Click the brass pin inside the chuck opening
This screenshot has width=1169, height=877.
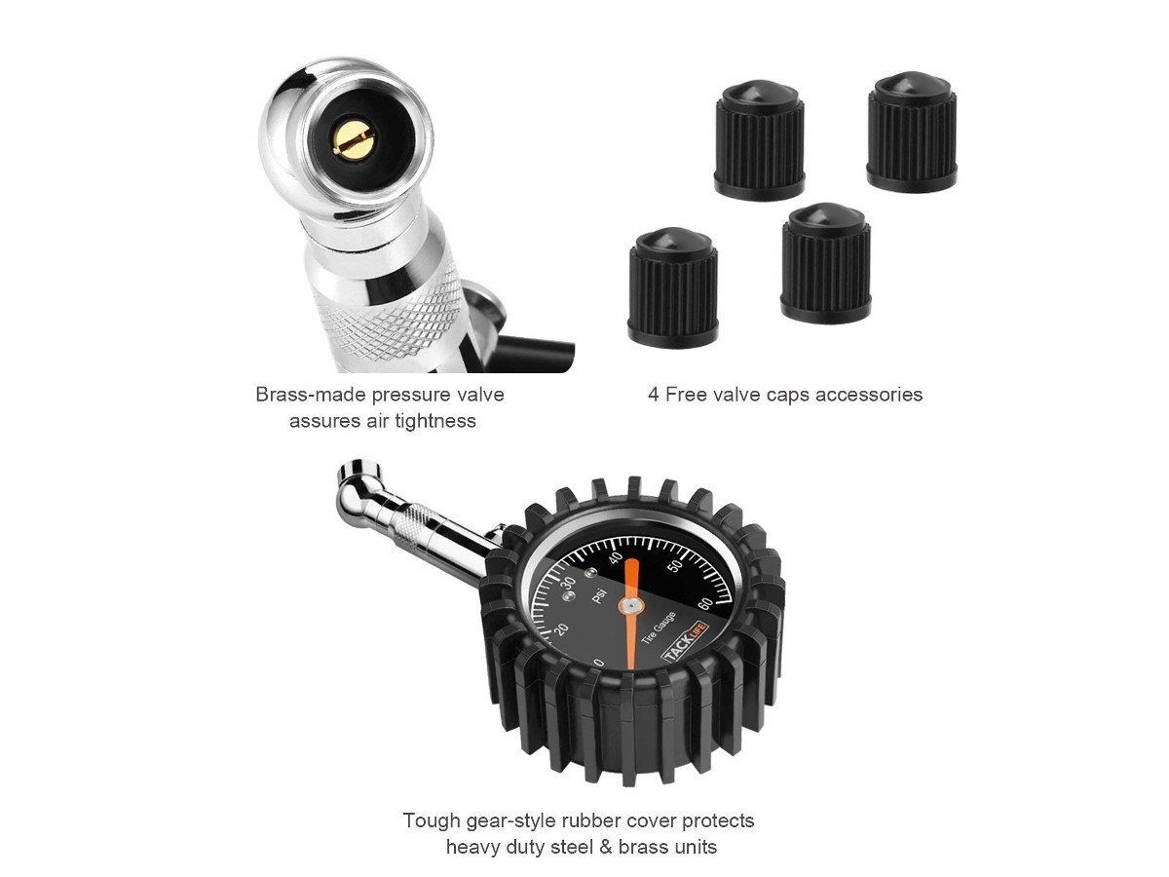[x=354, y=144]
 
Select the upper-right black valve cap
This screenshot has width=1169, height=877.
[x=912, y=130]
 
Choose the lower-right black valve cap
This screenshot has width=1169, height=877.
[x=826, y=262]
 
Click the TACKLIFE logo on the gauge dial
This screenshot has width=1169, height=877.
[x=685, y=640]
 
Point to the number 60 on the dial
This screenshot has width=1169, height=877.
[x=705, y=605]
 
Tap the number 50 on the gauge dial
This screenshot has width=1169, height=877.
[x=675, y=566]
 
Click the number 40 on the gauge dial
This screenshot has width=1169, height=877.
[x=616, y=558]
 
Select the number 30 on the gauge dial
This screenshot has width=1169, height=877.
[x=568, y=581]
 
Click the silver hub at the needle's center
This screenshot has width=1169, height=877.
[x=630, y=605]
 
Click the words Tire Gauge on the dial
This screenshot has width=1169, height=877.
[x=659, y=628]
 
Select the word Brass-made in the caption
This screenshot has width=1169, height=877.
[x=311, y=395]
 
